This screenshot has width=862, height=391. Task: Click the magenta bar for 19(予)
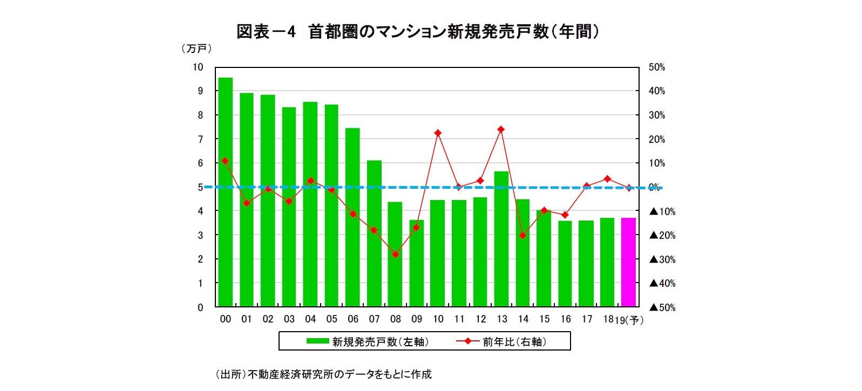[628, 262]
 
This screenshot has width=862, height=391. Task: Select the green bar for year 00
[225, 192]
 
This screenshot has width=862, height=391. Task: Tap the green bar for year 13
[501, 239]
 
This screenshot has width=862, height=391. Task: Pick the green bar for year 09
[416, 263]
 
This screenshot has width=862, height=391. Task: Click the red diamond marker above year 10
[438, 133]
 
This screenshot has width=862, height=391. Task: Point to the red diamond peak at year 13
[501, 129]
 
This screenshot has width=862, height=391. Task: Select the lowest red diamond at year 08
[395, 254]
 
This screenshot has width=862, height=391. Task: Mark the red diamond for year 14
[522, 236]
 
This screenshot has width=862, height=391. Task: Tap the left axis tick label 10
[198, 67]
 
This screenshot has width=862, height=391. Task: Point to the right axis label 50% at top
[656, 67]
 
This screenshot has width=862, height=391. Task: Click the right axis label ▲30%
[662, 259]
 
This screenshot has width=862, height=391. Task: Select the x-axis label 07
[374, 319]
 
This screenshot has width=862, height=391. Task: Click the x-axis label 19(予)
[629, 320]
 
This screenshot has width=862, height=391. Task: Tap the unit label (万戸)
[196, 49]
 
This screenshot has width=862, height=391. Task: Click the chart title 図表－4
[266, 32]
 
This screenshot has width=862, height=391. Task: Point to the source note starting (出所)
[323, 374]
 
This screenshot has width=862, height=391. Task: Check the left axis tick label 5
[200, 187]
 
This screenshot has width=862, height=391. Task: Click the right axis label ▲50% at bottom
[662, 307]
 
